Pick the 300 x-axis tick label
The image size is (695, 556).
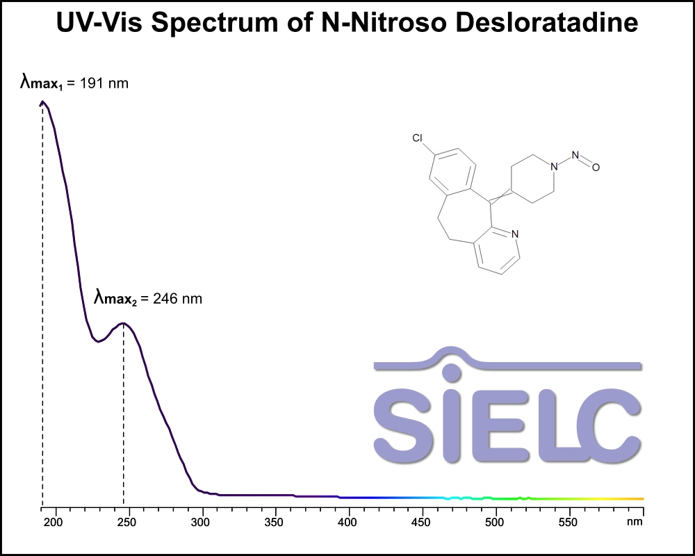pyautogui.click(x=202, y=521)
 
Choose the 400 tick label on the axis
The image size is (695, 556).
pyautogui.click(x=348, y=521)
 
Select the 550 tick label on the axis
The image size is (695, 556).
pyautogui.click(x=569, y=521)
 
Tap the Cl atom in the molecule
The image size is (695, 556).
pyautogui.click(x=418, y=138)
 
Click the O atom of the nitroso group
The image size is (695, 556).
pyautogui.click(x=596, y=167)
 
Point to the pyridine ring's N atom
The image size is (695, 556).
pyautogui.click(x=514, y=234)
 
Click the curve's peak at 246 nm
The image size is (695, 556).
pyautogui.click(x=124, y=323)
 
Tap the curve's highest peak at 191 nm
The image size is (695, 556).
pyautogui.click(x=42, y=101)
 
